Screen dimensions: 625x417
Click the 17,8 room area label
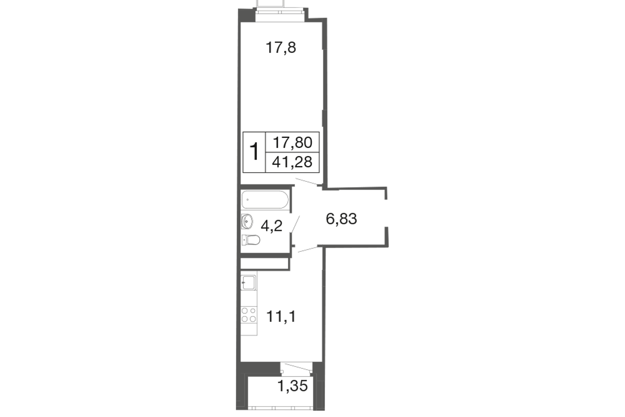pyautogui.click(x=281, y=48)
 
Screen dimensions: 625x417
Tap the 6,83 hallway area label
pyautogui.click(x=341, y=219)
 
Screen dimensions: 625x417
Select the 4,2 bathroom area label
pyautogui.click(x=272, y=226)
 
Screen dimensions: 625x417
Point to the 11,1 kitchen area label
pyautogui.click(x=281, y=317)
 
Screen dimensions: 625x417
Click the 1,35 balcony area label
pyautogui.click(x=292, y=386)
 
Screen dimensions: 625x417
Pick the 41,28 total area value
pyautogui.click(x=292, y=162)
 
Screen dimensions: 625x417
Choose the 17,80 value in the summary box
pyautogui.click(x=292, y=143)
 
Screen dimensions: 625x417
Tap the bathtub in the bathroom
pyautogui.click(x=265, y=200)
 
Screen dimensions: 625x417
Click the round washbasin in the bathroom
pyautogui.click(x=247, y=221)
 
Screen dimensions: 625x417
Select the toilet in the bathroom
pyautogui.click(x=250, y=240)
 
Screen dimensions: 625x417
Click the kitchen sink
pyautogui.click(x=248, y=283)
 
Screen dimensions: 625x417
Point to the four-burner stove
pyautogui.click(x=249, y=315)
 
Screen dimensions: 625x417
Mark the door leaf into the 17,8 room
pyautogui.click(x=306, y=181)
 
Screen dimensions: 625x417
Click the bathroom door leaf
pyautogui.click(x=295, y=224)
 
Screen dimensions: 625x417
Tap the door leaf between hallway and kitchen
pyautogui.click(x=308, y=249)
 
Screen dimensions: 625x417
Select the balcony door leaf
pyautogui.click(x=296, y=367)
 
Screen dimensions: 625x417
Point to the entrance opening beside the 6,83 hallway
pyautogui.click(x=386, y=213)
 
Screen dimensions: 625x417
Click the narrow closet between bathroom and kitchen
pyautogui.click(x=265, y=264)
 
